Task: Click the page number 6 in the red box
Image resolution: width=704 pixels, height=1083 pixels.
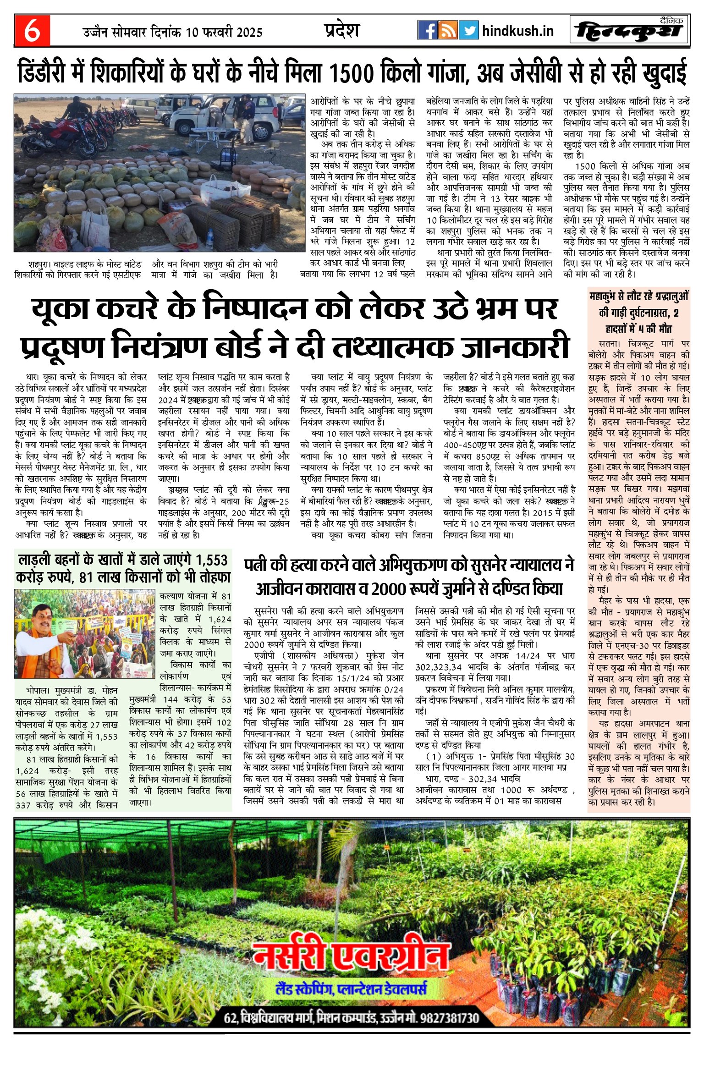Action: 32,31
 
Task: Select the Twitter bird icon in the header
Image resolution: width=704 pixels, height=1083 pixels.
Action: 468,30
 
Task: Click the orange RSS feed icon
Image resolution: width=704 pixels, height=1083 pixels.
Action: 448,30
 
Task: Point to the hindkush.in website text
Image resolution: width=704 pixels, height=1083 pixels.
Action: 518,31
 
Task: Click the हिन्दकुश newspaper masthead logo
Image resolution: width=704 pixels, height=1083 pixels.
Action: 630,31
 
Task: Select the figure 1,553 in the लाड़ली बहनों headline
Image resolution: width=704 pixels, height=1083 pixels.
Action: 211,560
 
